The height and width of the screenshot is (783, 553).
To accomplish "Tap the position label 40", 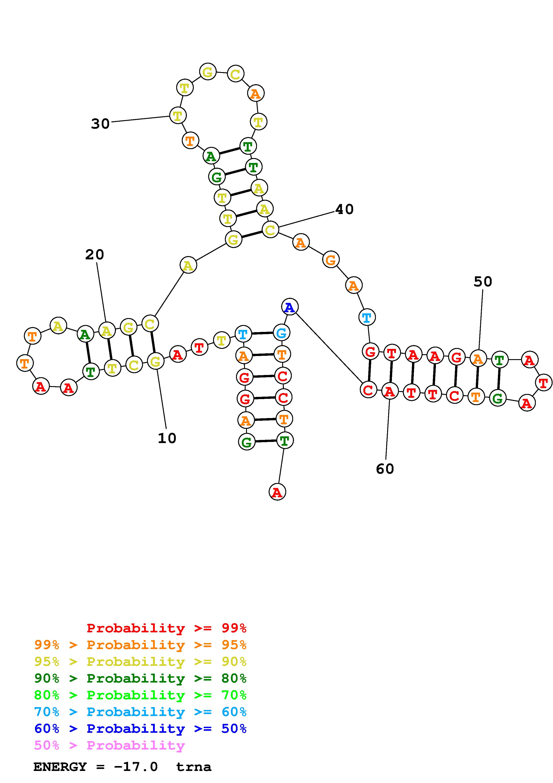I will pyautogui.click(x=344, y=209).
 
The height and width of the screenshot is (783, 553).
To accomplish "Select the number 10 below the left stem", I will pyautogui.click(x=167, y=438).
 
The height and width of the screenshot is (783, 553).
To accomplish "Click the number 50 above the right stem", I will pyautogui.click(x=483, y=282).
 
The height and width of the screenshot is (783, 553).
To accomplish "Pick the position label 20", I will pyautogui.click(x=94, y=254).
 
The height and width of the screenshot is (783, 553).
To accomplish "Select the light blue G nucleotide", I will pyautogui.click(x=282, y=333).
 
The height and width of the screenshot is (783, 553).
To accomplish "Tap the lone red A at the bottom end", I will pyautogui.click(x=277, y=492).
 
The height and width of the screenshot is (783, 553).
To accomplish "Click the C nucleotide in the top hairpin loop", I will pyautogui.click(x=235, y=74).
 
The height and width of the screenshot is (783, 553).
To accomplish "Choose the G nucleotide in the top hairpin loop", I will pyautogui.click(x=207, y=72).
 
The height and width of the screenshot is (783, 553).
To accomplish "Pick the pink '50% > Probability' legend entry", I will pyautogui.click(x=109, y=745).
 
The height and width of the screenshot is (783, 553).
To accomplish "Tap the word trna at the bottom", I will pyautogui.click(x=194, y=767).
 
